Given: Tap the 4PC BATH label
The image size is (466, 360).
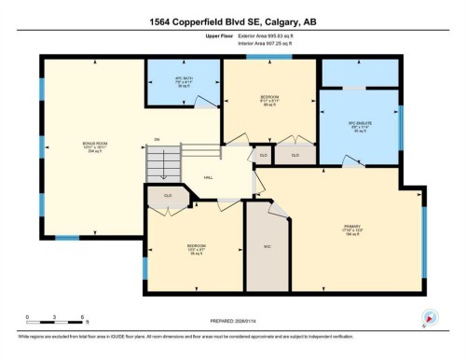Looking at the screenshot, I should pyautogui.click(x=183, y=81).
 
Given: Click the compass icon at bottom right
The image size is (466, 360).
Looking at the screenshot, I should pyautogui.click(x=430, y=317).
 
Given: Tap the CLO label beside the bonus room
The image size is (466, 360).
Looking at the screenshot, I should pyautogui.click(x=168, y=196).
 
